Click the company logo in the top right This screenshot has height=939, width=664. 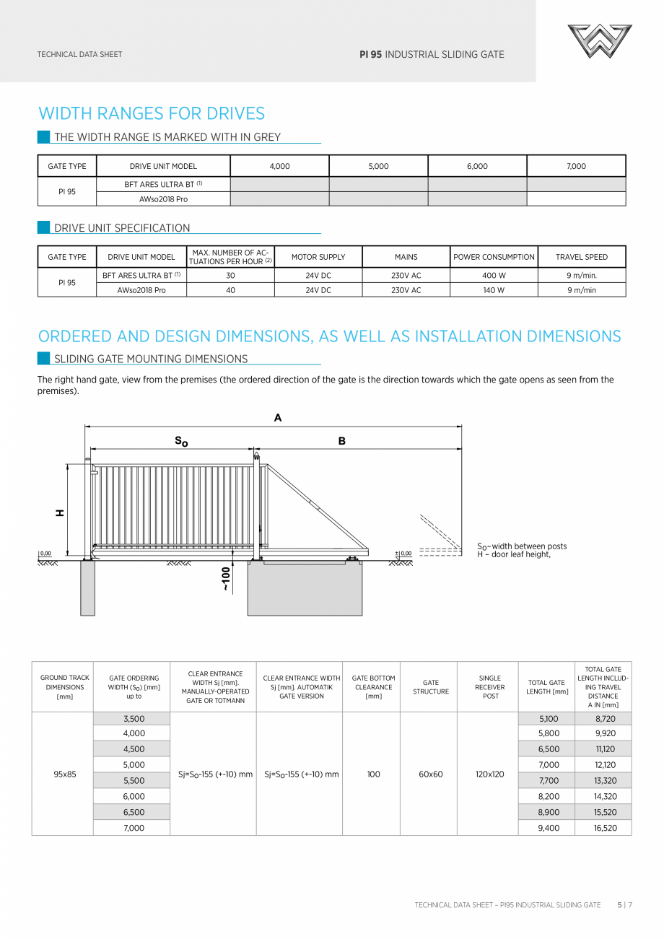click(x=599, y=41)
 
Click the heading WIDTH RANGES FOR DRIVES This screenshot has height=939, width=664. click(x=152, y=113)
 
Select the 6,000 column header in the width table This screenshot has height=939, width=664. click(x=477, y=166)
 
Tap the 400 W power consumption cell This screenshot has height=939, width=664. click(x=494, y=275)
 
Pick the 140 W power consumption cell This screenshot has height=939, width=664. click(x=494, y=290)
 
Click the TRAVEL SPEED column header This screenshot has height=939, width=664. click(x=581, y=257)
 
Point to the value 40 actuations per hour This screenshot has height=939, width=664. click(x=230, y=290)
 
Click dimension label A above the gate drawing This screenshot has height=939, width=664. click(x=278, y=418)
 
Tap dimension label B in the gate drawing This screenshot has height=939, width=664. click(x=342, y=441)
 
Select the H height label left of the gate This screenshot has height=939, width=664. click(x=60, y=512)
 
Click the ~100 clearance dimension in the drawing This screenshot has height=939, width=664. click(x=225, y=578)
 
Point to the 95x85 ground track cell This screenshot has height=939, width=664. click(x=64, y=774)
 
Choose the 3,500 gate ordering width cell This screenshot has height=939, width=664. click(x=134, y=719)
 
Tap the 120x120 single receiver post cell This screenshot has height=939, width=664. click(x=489, y=774)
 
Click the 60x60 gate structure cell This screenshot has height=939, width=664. click(x=430, y=774)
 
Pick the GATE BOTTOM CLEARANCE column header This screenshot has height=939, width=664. click(x=373, y=687)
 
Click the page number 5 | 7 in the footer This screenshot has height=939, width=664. click(x=624, y=904)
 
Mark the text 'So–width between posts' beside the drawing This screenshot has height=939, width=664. click(x=522, y=546)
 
